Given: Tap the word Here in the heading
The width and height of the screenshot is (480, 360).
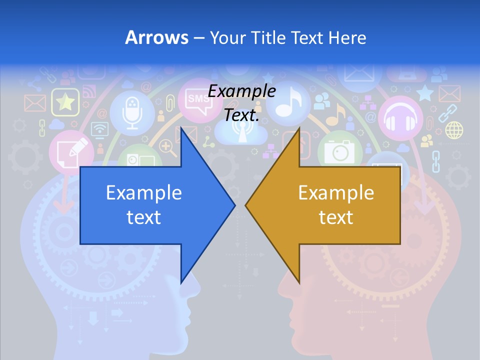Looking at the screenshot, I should click(347, 37).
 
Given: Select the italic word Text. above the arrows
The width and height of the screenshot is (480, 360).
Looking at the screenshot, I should click(241, 115).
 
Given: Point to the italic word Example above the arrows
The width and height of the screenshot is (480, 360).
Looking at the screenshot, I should click(241, 91).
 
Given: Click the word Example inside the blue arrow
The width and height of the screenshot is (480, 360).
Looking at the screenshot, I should click(143, 192).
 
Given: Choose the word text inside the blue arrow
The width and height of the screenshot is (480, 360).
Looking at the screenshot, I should click(143, 217).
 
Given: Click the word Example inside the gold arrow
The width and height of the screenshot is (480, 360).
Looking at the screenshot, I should click(336, 192).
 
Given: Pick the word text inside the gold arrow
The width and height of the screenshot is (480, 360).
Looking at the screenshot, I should click(336, 217).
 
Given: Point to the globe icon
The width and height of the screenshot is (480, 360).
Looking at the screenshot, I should click(454, 130).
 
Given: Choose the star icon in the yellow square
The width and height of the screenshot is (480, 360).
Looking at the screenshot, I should click(65, 102).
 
